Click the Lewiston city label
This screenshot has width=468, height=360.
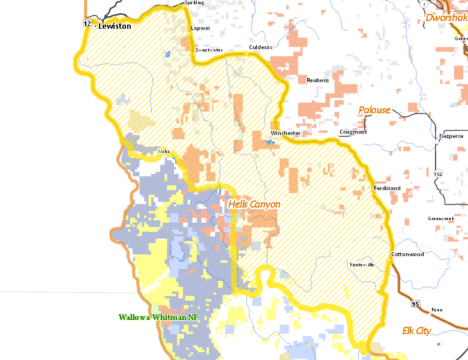115,26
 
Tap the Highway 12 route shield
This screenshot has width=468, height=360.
87,23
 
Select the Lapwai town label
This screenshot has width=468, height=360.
199,28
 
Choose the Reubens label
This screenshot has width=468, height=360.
317,80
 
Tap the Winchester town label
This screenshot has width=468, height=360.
285,133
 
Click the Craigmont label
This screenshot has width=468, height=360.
353,132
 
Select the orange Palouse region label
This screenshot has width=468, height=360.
374,110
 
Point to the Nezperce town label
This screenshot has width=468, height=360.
451,136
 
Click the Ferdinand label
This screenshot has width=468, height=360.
387,188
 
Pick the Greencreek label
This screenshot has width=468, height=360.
441,218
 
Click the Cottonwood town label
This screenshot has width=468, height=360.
407,254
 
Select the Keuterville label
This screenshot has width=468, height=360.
362,265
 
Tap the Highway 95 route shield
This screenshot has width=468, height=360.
416,305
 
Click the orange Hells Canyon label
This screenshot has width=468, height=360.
254,205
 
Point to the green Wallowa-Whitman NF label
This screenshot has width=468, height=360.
158,317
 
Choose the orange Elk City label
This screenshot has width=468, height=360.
417,331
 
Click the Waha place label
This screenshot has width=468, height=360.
164,152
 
